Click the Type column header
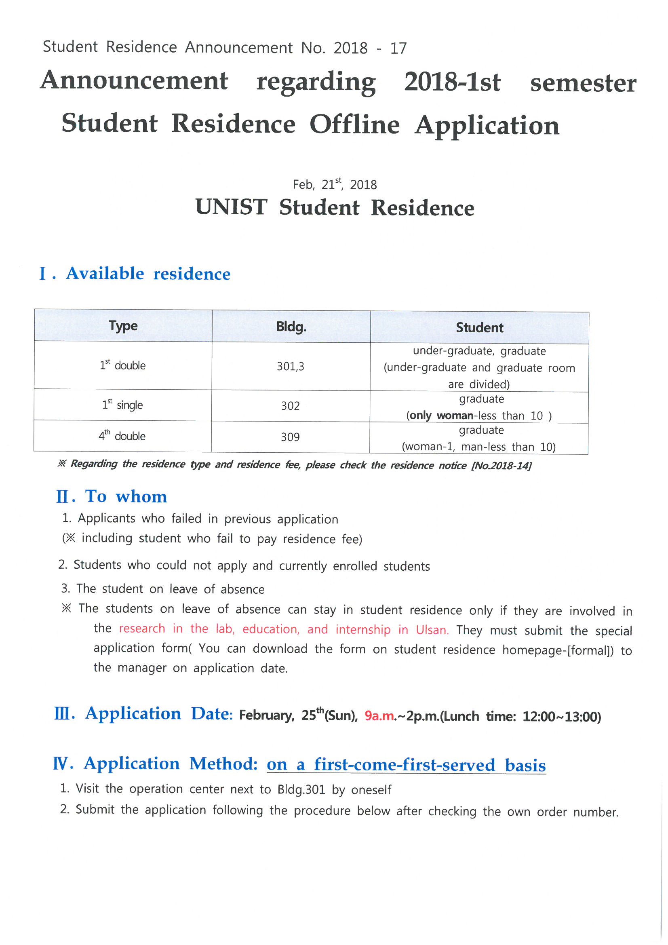[123, 326]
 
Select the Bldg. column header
[291, 327]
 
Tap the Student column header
[479, 328]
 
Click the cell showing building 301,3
[290, 366]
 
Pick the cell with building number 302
[290, 406]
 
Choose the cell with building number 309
[290, 437]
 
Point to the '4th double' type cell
[122, 436]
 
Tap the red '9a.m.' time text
[379, 716]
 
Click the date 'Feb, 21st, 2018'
[335, 184]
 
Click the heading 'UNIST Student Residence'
[335, 207]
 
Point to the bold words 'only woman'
[441, 415]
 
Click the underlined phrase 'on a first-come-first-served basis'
[406, 765]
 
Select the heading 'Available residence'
[148, 274]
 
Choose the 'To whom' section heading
[126, 496]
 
